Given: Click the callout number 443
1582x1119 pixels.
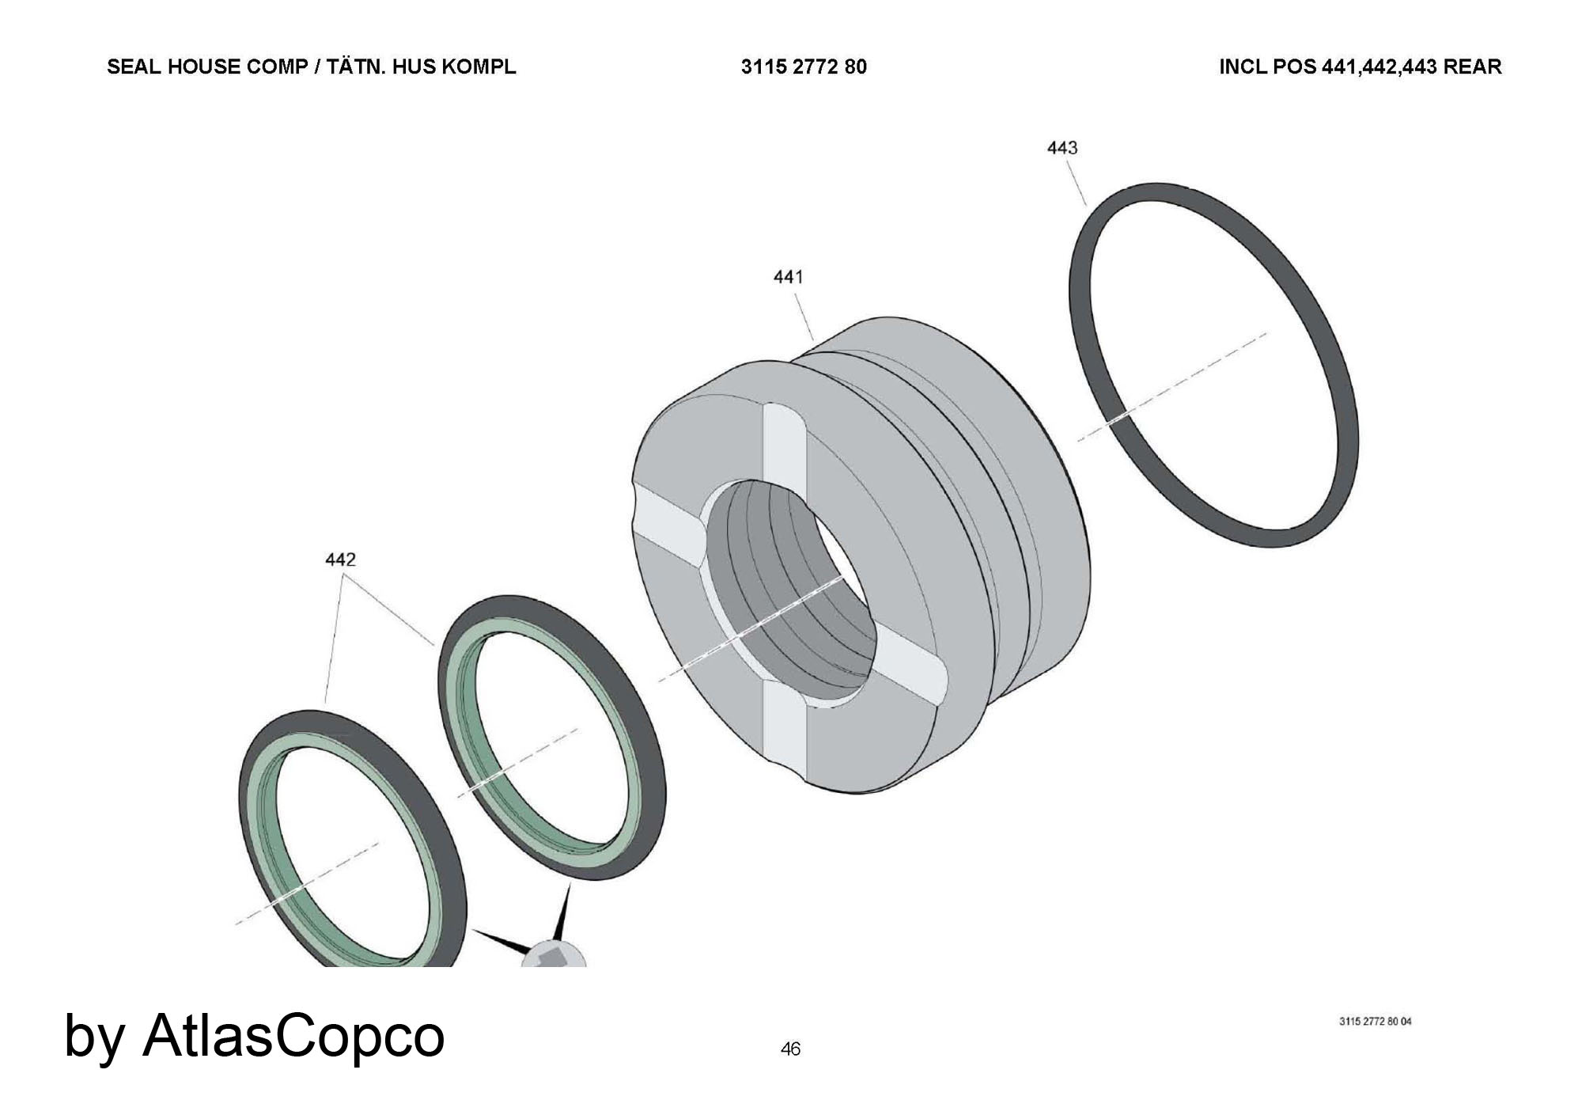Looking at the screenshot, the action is [1062, 148].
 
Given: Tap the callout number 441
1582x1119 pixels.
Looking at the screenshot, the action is [788, 277].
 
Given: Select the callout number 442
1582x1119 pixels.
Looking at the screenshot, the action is [341, 559].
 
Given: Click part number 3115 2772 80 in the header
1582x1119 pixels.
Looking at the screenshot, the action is [804, 67].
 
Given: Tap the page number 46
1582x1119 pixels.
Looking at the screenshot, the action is [790, 1049].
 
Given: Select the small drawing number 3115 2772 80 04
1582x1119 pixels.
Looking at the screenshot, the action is [1375, 1022].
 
